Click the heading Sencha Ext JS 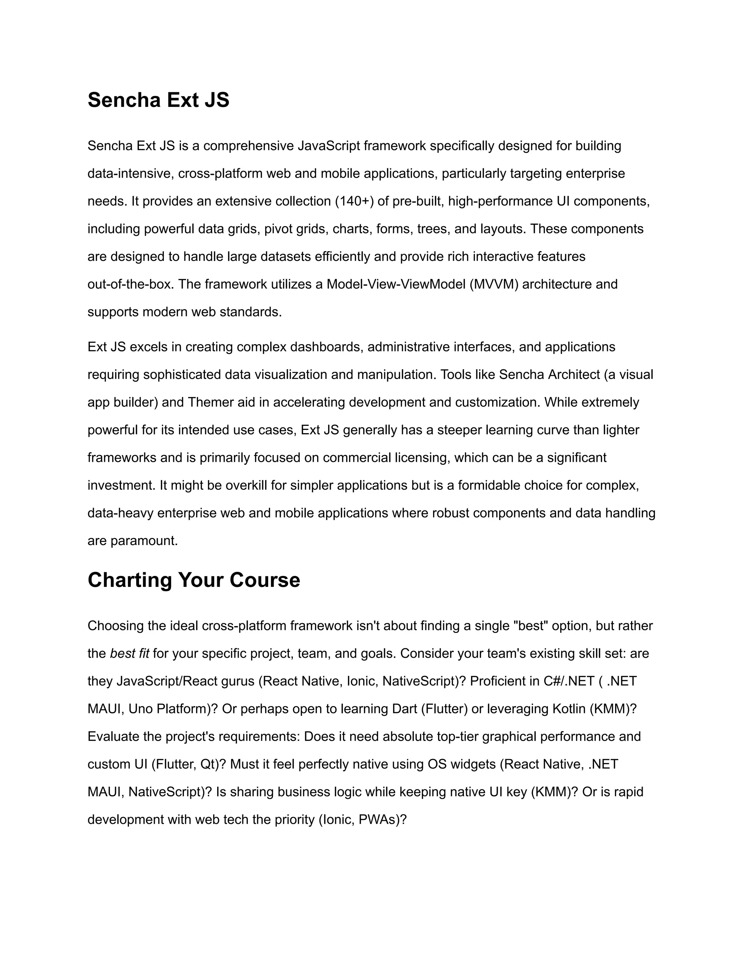(x=158, y=100)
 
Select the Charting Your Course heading (x=194, y=580)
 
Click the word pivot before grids (x=276, y=229)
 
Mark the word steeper (x=459, y=430)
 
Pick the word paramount (x=144, y=541)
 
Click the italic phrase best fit (x=130, y=653)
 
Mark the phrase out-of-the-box (x=129, y=285)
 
